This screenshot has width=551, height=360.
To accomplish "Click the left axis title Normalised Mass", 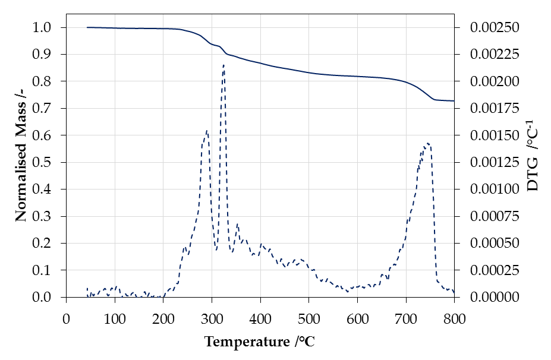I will click(21, 162).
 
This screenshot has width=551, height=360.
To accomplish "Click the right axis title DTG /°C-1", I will click(533, 162).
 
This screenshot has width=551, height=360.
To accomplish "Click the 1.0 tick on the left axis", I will click(47, 28).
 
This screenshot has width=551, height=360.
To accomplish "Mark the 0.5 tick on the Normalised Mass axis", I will click(47, 162).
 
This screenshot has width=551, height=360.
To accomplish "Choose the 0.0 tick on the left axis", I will click(47, 297).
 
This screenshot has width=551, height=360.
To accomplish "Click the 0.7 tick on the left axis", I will click(47, 109).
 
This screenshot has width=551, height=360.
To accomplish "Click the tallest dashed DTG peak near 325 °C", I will click(223, 65).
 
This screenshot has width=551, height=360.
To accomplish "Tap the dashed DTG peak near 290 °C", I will click(206, 131).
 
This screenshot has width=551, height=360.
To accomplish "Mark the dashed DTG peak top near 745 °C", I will click(427, 143).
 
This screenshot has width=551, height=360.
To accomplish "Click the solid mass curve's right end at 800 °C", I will click(454, 101).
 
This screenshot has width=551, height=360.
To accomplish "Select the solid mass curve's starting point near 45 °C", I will click(87, 27).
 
